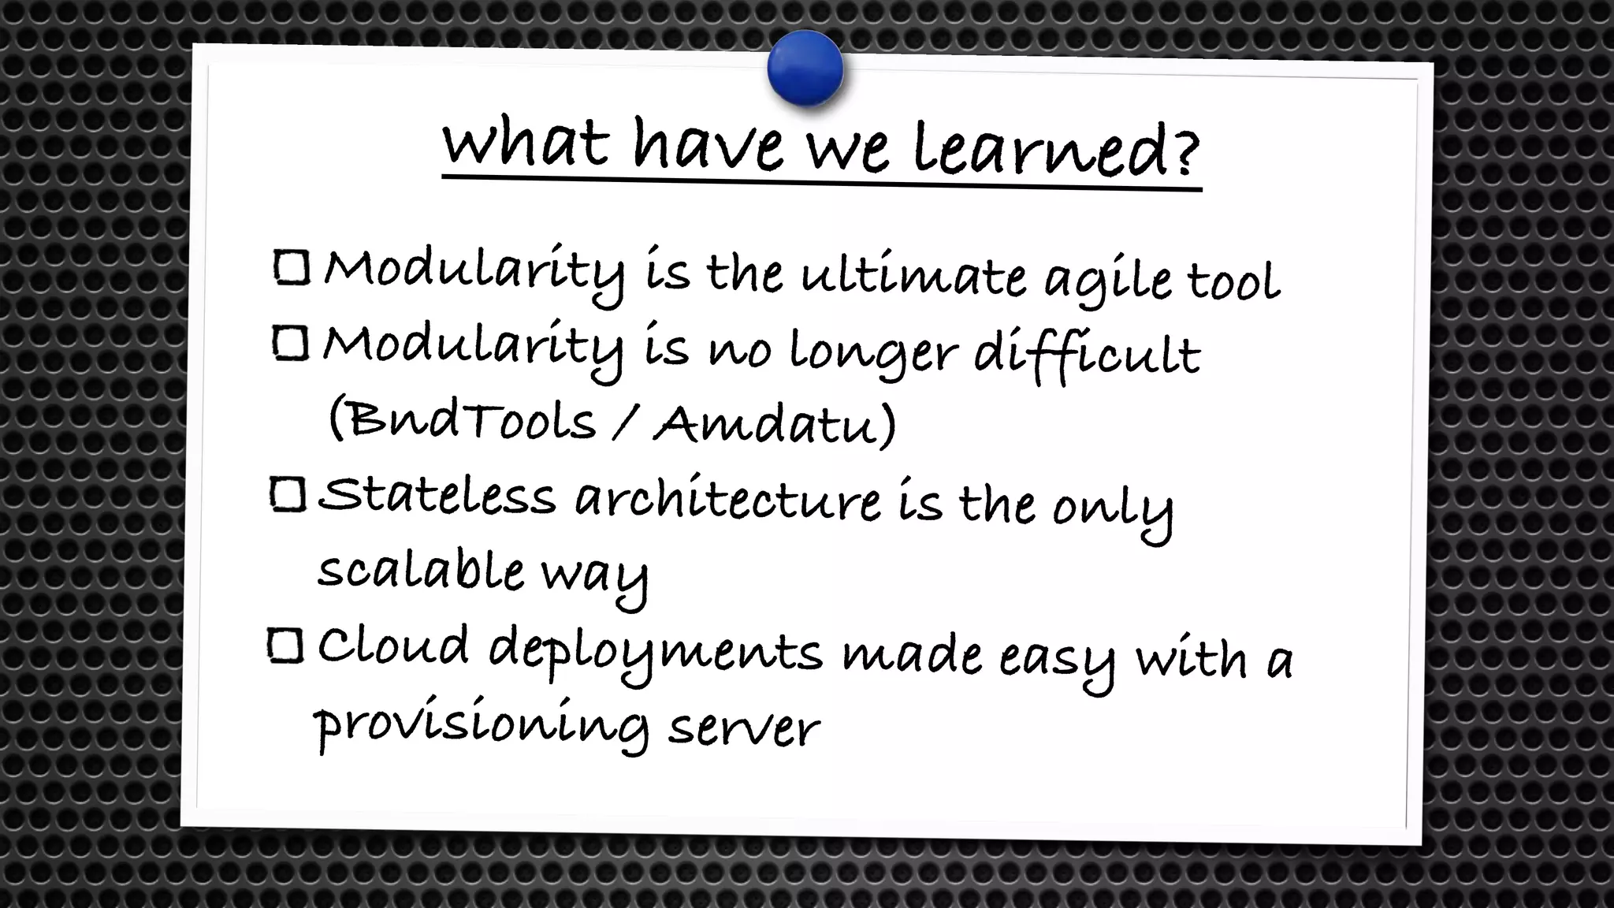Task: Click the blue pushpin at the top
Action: (805, 69)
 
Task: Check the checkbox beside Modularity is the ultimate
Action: (292, 267)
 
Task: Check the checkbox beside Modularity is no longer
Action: (291, 343)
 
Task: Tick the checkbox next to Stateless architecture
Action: (288, 495)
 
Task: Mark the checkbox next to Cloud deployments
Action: (285, 646)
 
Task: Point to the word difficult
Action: (1088, 355)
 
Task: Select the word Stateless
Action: (437, 496)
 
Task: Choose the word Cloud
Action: (393, 646)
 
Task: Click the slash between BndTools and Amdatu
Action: (623, 422)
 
